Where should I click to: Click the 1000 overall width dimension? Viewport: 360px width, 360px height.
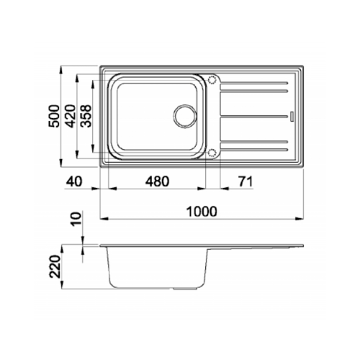202,212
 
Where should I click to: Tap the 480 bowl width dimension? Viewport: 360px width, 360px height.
157,181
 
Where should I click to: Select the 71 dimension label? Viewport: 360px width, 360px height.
246,181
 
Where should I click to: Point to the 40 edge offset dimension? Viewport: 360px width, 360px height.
74,181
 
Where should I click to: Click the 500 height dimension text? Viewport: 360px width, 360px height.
54,116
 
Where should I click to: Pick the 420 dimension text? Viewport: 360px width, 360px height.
71,116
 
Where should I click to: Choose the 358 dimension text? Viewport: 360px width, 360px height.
86,116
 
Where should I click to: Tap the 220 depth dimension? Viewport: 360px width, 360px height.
55,266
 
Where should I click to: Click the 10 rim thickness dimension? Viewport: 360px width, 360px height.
76,219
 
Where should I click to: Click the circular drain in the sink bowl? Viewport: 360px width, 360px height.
185,117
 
